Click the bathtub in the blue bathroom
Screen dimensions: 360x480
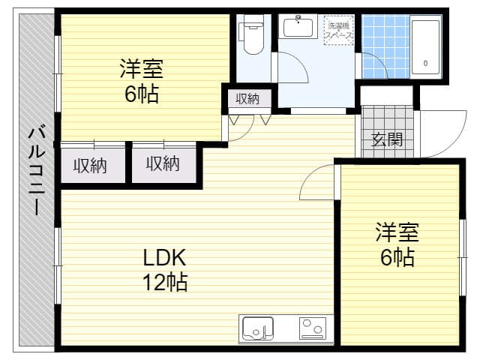click(x=425, y=46)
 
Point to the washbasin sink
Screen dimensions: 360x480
click(x=298, y=28)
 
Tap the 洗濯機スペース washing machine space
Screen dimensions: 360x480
click(x=339, y=31)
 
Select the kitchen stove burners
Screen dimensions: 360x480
click(x=312, y=328)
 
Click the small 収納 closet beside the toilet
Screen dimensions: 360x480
click(x=247, y=98)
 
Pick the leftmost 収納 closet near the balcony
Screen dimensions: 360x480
click(x=89, y=163)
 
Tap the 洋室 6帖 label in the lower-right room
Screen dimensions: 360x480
click(x=397, y=245)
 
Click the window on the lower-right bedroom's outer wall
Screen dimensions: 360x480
click(x=461, y=247)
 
